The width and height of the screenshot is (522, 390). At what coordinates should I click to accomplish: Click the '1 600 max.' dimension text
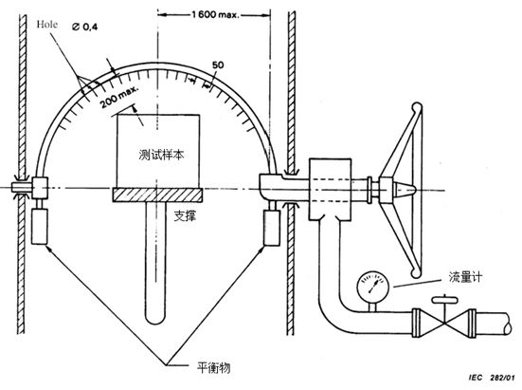coord(215,14)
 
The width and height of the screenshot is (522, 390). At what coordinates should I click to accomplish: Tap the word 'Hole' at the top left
coord(47,25)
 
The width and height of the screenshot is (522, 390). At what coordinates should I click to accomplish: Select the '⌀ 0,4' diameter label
coord(85,27)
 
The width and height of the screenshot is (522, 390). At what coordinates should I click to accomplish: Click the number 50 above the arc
coord(218,65)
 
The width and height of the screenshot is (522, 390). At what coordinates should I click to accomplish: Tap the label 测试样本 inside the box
coord(161,155)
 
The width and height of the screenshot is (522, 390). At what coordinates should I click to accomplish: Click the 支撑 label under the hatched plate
coord(185,216)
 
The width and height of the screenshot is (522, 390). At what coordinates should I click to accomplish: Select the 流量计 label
coord(465,277)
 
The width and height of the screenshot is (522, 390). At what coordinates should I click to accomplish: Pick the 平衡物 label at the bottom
coord(214,367)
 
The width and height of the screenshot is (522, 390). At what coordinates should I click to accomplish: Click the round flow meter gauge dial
coord(373,286)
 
